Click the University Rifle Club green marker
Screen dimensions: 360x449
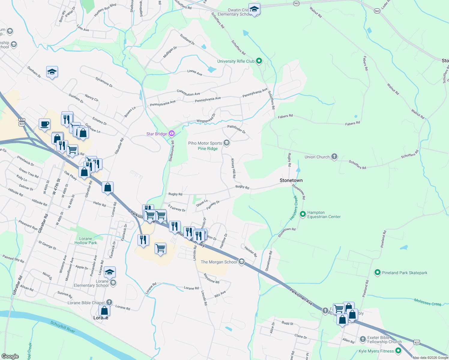(259, 61)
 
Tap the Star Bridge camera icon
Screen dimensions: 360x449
(172, 133)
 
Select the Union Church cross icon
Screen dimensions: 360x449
(334, 157)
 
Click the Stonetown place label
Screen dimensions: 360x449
(291, 180)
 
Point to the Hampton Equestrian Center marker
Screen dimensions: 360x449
(303, 214)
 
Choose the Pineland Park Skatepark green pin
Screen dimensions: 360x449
(378, 272)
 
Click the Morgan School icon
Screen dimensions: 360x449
(241, 262)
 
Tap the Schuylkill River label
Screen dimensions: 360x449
(63, 326)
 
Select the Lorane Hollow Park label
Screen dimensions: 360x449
(86, 241)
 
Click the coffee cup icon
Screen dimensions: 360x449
(44, 124)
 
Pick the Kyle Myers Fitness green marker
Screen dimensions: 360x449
(398, 351)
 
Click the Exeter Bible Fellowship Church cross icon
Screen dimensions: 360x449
(363, 339)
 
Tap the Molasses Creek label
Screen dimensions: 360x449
(427, 302)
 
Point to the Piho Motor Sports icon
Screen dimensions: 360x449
(227, 143)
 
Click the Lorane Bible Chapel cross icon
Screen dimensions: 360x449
(109, 302)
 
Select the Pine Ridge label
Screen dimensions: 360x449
(208, 148)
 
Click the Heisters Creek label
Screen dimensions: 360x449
(294, 208)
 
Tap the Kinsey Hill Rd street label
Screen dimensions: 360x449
(233, 168)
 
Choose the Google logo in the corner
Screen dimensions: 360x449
(10, 356)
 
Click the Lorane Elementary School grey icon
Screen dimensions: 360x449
(113, 283)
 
